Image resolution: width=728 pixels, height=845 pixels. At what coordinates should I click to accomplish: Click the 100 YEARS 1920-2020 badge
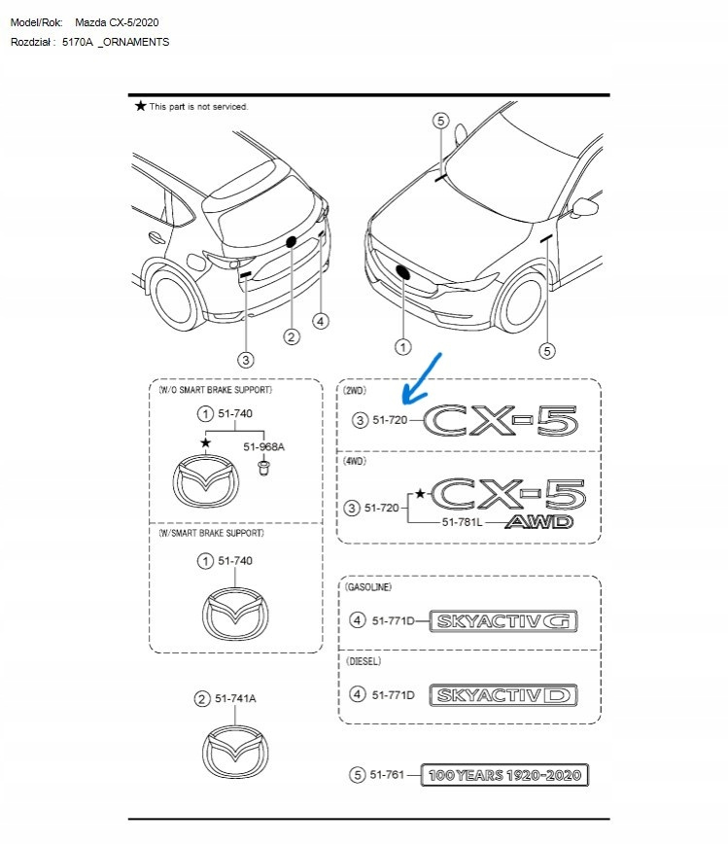(x=504, y=775)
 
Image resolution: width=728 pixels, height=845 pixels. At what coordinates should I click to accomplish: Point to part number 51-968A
(x=263, y=446)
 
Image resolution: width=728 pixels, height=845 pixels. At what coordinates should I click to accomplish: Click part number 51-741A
(x=236, y=698)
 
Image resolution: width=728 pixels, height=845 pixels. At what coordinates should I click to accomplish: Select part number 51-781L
(x=464, y=522)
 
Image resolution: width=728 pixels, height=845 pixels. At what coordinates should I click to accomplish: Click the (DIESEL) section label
(x=364, y=661)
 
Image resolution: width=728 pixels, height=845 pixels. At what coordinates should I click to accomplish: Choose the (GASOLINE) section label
(x=369, y=587)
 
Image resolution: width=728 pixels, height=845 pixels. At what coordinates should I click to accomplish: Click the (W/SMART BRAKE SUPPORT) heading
(x=210, y=533)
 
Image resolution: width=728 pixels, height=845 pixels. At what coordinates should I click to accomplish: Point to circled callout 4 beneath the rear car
(x=321, y=321)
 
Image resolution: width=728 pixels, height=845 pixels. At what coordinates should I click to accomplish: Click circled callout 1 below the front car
(x=401, y=346)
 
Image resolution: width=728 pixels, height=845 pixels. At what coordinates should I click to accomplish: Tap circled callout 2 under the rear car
(x=291, y=336)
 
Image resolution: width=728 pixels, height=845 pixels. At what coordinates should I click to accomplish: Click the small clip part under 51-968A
(x=262, y=468)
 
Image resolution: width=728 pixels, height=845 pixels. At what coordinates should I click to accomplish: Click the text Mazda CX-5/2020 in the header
(x=117, y=21)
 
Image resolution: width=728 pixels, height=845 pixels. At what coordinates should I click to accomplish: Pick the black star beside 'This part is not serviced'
(x=140, y=105)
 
